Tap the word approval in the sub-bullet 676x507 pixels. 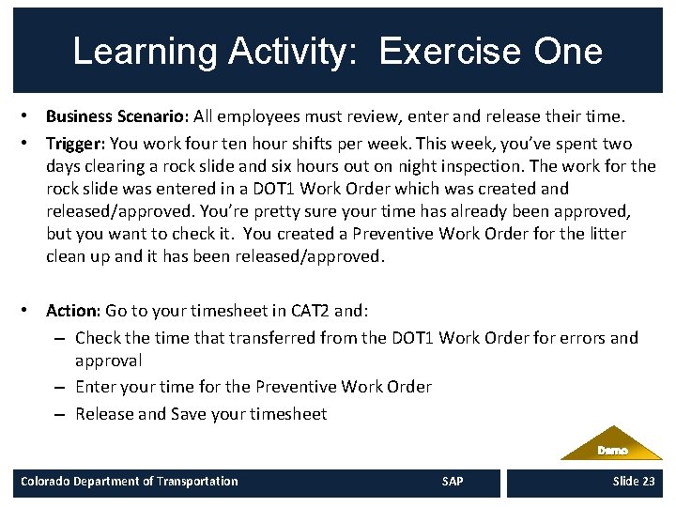coord(108,361)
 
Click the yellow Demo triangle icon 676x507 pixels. coord(611,445)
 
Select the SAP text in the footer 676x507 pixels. coord(452,482)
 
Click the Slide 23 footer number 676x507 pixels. coord(634,482)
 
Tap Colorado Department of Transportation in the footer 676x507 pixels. coord(130,482)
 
